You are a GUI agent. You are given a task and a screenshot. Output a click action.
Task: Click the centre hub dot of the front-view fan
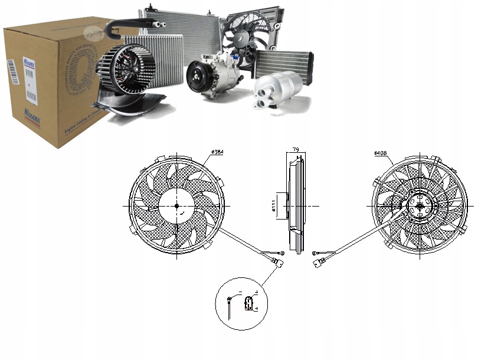176,205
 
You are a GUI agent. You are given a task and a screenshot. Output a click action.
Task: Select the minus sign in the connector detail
240,293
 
